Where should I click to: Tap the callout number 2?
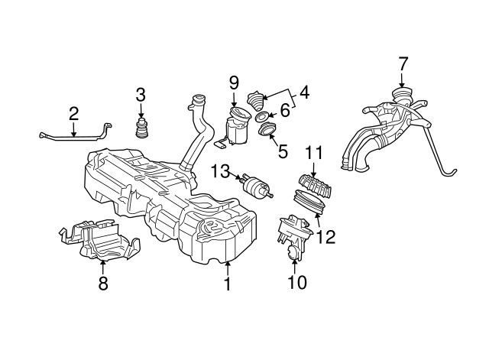tap(74, 115)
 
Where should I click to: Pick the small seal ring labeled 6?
tap(261, 117)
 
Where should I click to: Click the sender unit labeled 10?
tap(293, 232)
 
